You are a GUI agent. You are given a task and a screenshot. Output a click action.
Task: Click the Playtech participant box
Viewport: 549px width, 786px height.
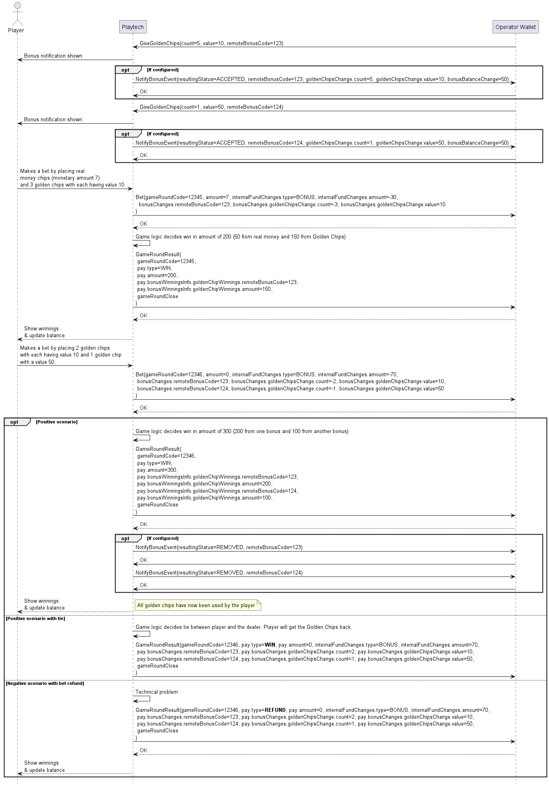click(x=133, y=27)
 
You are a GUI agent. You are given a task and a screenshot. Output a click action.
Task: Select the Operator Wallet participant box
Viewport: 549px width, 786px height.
click(x=515, y=27)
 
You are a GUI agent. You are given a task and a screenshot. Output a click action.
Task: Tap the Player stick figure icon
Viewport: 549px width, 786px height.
click(x=16, y=15)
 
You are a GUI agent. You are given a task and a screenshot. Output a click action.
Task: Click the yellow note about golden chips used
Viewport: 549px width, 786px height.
click(x=197, y=605)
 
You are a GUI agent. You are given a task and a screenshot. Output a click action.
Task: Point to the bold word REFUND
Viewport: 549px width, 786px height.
click(x=275, y=710)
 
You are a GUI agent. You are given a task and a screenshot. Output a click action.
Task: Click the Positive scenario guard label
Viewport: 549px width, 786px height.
click(x=57, y=422)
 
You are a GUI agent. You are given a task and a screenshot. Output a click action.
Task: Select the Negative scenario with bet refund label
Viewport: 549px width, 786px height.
click(x=45, y=683)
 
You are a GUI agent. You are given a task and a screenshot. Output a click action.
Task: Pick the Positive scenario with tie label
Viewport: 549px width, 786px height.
click(x=35, y=618)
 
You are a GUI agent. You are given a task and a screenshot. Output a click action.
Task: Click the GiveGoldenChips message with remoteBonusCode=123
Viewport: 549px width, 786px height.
click(x=211, y=44)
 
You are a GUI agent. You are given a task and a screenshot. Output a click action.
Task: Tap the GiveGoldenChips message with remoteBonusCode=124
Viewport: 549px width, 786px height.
click(x=211, y=107)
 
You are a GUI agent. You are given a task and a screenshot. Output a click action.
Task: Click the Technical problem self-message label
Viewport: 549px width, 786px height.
click(x=157, y=692)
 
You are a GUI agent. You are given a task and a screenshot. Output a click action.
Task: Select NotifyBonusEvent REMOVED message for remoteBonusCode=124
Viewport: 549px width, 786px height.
click(x=219, y=572)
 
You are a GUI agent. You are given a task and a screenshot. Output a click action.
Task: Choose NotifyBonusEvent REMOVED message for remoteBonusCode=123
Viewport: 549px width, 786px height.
click(x=219, y=548)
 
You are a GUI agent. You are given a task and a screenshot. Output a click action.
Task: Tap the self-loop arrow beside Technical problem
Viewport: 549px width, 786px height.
click(x=143, y=699)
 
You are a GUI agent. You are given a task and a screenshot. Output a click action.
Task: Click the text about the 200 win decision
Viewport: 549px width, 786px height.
click(x=240, y=237)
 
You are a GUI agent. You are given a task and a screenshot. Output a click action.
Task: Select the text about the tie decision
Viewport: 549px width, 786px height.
click(x=244, y=627)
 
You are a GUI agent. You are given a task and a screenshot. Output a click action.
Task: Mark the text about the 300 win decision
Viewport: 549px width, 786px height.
click(x=242, y=431)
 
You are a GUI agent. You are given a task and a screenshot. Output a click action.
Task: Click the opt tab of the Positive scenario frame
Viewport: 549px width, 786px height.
click(x=15, y=422)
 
